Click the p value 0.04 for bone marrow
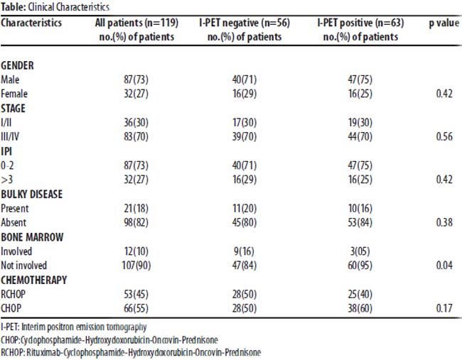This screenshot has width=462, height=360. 444,266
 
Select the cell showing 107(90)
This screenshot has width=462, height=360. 136,266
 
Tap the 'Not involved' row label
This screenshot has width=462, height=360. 24,266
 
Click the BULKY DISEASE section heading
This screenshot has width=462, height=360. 32,195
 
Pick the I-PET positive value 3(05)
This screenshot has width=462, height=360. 360,251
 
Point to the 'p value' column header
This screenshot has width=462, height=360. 444,23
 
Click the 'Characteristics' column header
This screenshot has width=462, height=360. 31,23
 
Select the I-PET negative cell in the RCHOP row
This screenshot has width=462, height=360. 245,294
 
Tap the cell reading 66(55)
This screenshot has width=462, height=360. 136,308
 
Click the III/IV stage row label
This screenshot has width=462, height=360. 10,136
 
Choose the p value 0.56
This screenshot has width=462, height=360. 444,136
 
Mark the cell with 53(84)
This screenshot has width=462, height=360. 360,222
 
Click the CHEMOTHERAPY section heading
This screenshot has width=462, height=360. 34,280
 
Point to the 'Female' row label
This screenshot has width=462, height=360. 14,94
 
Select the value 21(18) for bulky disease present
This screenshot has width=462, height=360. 136,209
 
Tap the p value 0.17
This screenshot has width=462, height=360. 444,308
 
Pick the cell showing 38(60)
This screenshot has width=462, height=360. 360,308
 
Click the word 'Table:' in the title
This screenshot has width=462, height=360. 14,7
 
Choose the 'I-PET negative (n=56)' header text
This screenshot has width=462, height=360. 245,23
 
